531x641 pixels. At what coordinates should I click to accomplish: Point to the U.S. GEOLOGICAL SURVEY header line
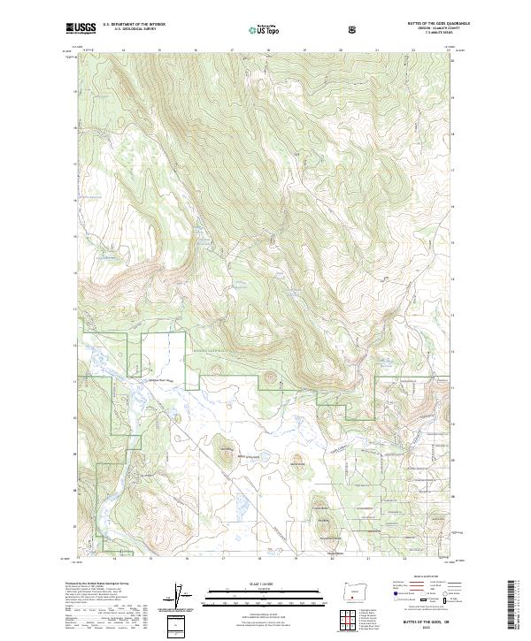coord(129,31)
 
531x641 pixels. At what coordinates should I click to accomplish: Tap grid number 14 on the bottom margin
coord(115,559)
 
